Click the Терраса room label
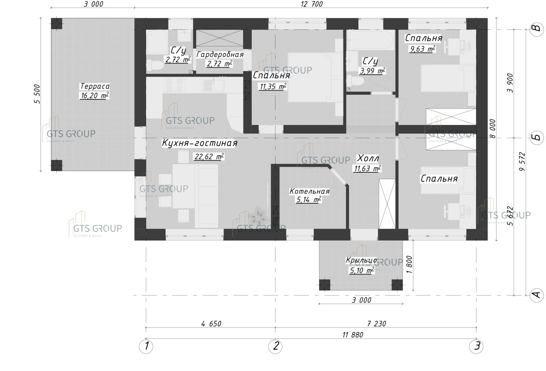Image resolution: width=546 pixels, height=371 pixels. (94, 86)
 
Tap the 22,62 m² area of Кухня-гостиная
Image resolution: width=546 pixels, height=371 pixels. (209, 157)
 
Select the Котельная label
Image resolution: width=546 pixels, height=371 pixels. (309, 191)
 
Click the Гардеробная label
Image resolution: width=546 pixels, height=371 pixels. (220, 55)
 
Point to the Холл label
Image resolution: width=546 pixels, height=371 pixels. (368, 158)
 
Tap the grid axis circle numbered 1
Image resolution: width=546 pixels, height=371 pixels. (146, 346)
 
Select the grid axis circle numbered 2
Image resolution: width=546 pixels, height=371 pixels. (276, 346)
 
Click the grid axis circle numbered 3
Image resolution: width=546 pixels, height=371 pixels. (476, 346)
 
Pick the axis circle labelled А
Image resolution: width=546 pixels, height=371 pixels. (536, 295)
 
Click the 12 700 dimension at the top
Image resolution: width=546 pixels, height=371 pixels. (312, 5)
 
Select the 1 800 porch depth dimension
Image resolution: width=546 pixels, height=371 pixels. (410, 266)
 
